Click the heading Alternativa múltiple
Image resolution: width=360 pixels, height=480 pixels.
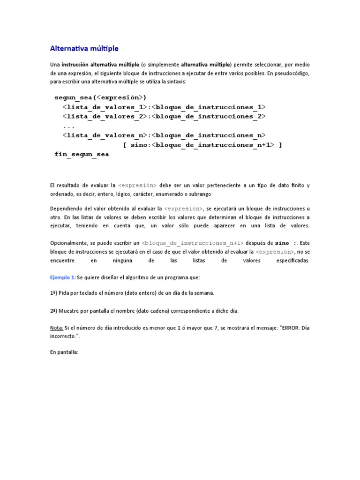pyautogui.click(x=84, y=48)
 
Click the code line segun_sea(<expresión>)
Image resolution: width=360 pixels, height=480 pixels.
pyautogui.click(x=100, y=97)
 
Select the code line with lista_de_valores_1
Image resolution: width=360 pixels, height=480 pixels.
pyautogui.click(x=164, y=107)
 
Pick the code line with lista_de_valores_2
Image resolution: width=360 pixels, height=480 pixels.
pyautogui.click(x=164, y=116)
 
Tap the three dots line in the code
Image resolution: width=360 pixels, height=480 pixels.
pyautogui.click(x=68, y=126)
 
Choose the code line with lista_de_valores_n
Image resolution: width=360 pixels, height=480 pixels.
pyautogui.click(x=164, y=135)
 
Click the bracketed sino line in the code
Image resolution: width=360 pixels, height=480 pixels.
pyautogui.click(x=202, y=145)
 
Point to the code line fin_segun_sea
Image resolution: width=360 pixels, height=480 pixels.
pyautogui.click(x=82, y=155)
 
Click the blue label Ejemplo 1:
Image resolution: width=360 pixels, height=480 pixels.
pyautogui.click(x=63, y=277)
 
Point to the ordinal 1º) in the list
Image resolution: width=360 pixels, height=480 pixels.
pyautogui.click(x=54, y=293)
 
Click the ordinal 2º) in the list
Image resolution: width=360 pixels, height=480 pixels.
pyautogui.click(x=54, y=310)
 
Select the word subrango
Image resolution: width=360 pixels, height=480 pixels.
pyautogui.click(x=199, y=194)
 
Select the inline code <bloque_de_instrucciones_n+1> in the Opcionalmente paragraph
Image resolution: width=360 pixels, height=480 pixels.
pyautogui.click(x=193, y=243)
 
